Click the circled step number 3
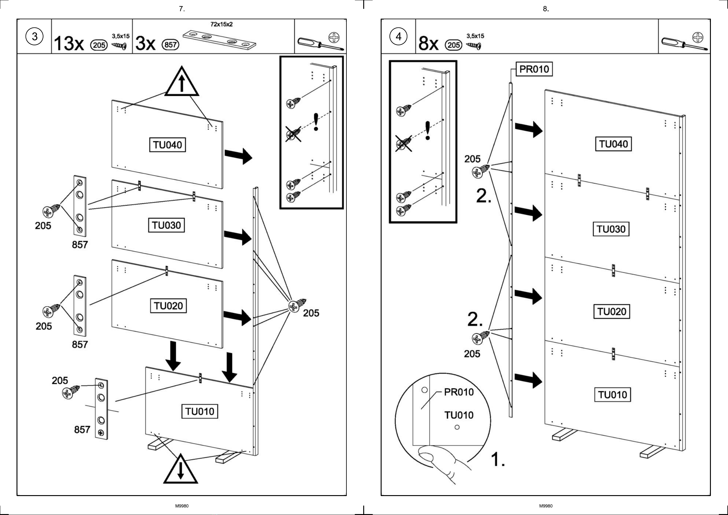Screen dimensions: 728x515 [x=34, y=36]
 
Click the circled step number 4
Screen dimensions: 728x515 [x=398, y=36]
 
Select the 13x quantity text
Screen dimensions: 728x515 [x=69, y=43]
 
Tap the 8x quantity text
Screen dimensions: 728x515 [x=428, y=43]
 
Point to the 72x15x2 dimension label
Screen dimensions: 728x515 [x=221, y=24]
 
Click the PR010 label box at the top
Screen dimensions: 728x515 [x=534, y=69]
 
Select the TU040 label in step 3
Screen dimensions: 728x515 [x=168, y=145]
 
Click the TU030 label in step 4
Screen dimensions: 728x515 [x=611, y=229]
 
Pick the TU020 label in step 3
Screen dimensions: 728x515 [x=168, y=306]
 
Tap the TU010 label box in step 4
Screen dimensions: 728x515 [x=612, y=395]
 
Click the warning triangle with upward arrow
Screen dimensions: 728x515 [x=181, y=82]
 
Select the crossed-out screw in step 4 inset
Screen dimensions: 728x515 [x=404, y=143]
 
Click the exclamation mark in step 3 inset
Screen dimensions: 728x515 [x=316, y=122]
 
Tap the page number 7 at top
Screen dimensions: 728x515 [x=182, y=9]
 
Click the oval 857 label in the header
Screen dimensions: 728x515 [x=171, y=45]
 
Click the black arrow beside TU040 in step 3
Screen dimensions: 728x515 [x=238, y=156]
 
